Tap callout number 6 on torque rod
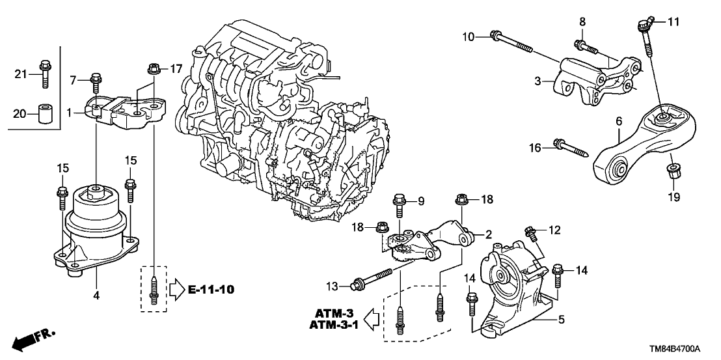pos(619,121)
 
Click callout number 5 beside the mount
pos(560,320)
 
